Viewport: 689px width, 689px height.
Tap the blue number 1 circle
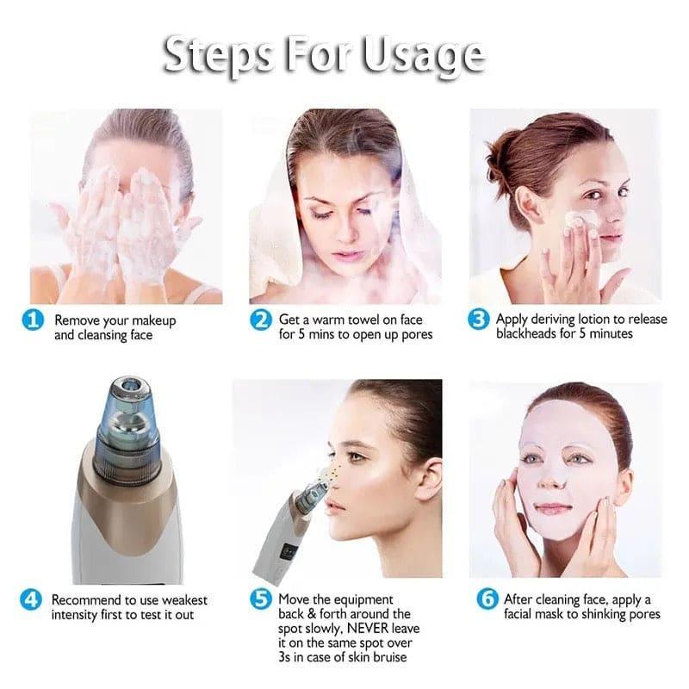click(x=34, y=320)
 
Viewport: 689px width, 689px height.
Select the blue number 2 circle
click(x=261, y=320)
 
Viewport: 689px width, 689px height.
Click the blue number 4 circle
click(x=31, y=599)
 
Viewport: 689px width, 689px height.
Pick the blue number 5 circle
click(x=261, y=599)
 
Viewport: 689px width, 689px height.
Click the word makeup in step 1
click(x=152, y=320)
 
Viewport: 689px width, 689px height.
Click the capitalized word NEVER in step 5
click(x=374, y=629)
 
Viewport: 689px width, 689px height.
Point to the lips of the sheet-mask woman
click(x=555, y=508)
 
